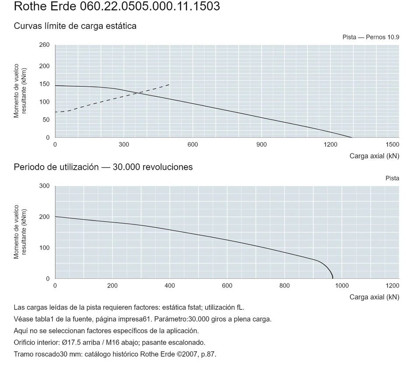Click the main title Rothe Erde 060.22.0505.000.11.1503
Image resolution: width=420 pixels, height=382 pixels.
coord(117,6)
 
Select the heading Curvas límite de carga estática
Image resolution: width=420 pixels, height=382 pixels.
coord(75,26)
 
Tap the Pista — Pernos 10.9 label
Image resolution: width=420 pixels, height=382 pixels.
coord(371,37)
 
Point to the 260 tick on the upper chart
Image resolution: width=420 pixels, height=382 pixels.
coord(45,45)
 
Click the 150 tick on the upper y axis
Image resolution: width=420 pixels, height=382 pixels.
coord(45,84)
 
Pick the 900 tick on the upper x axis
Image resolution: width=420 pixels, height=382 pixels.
coord(262,145)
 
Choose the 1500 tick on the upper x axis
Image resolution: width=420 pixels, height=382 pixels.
coord(392,145)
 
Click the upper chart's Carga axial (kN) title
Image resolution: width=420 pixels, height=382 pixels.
coord(374,156)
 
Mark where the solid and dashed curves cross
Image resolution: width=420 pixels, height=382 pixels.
coord(138,93)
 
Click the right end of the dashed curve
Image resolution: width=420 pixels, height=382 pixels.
coord(169,84)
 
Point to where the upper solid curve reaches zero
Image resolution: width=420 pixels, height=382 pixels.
coord(352,137)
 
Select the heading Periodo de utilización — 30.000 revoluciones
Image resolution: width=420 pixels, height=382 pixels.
coord(103,167)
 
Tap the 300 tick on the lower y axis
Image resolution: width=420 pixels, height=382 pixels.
coord(45,186)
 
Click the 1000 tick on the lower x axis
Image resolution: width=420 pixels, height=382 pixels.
coord(342,286)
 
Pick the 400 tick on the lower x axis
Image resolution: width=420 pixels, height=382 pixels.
coord(170,286)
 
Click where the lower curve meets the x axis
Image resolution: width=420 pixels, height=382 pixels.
coord(332,279)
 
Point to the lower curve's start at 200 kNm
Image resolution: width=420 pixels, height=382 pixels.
coord(56,217)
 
